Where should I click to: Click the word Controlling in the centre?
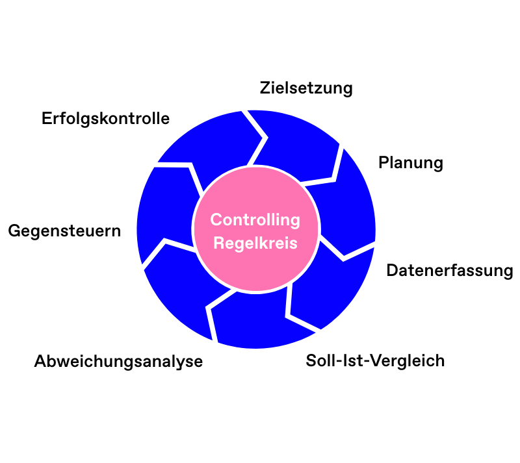[x=255, y=220]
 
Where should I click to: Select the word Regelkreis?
[x=255, y=244]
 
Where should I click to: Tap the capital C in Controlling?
[x=216, y=220]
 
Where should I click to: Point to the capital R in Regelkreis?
[x=218, y=244]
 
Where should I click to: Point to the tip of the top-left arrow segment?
[x=264, y=138]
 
